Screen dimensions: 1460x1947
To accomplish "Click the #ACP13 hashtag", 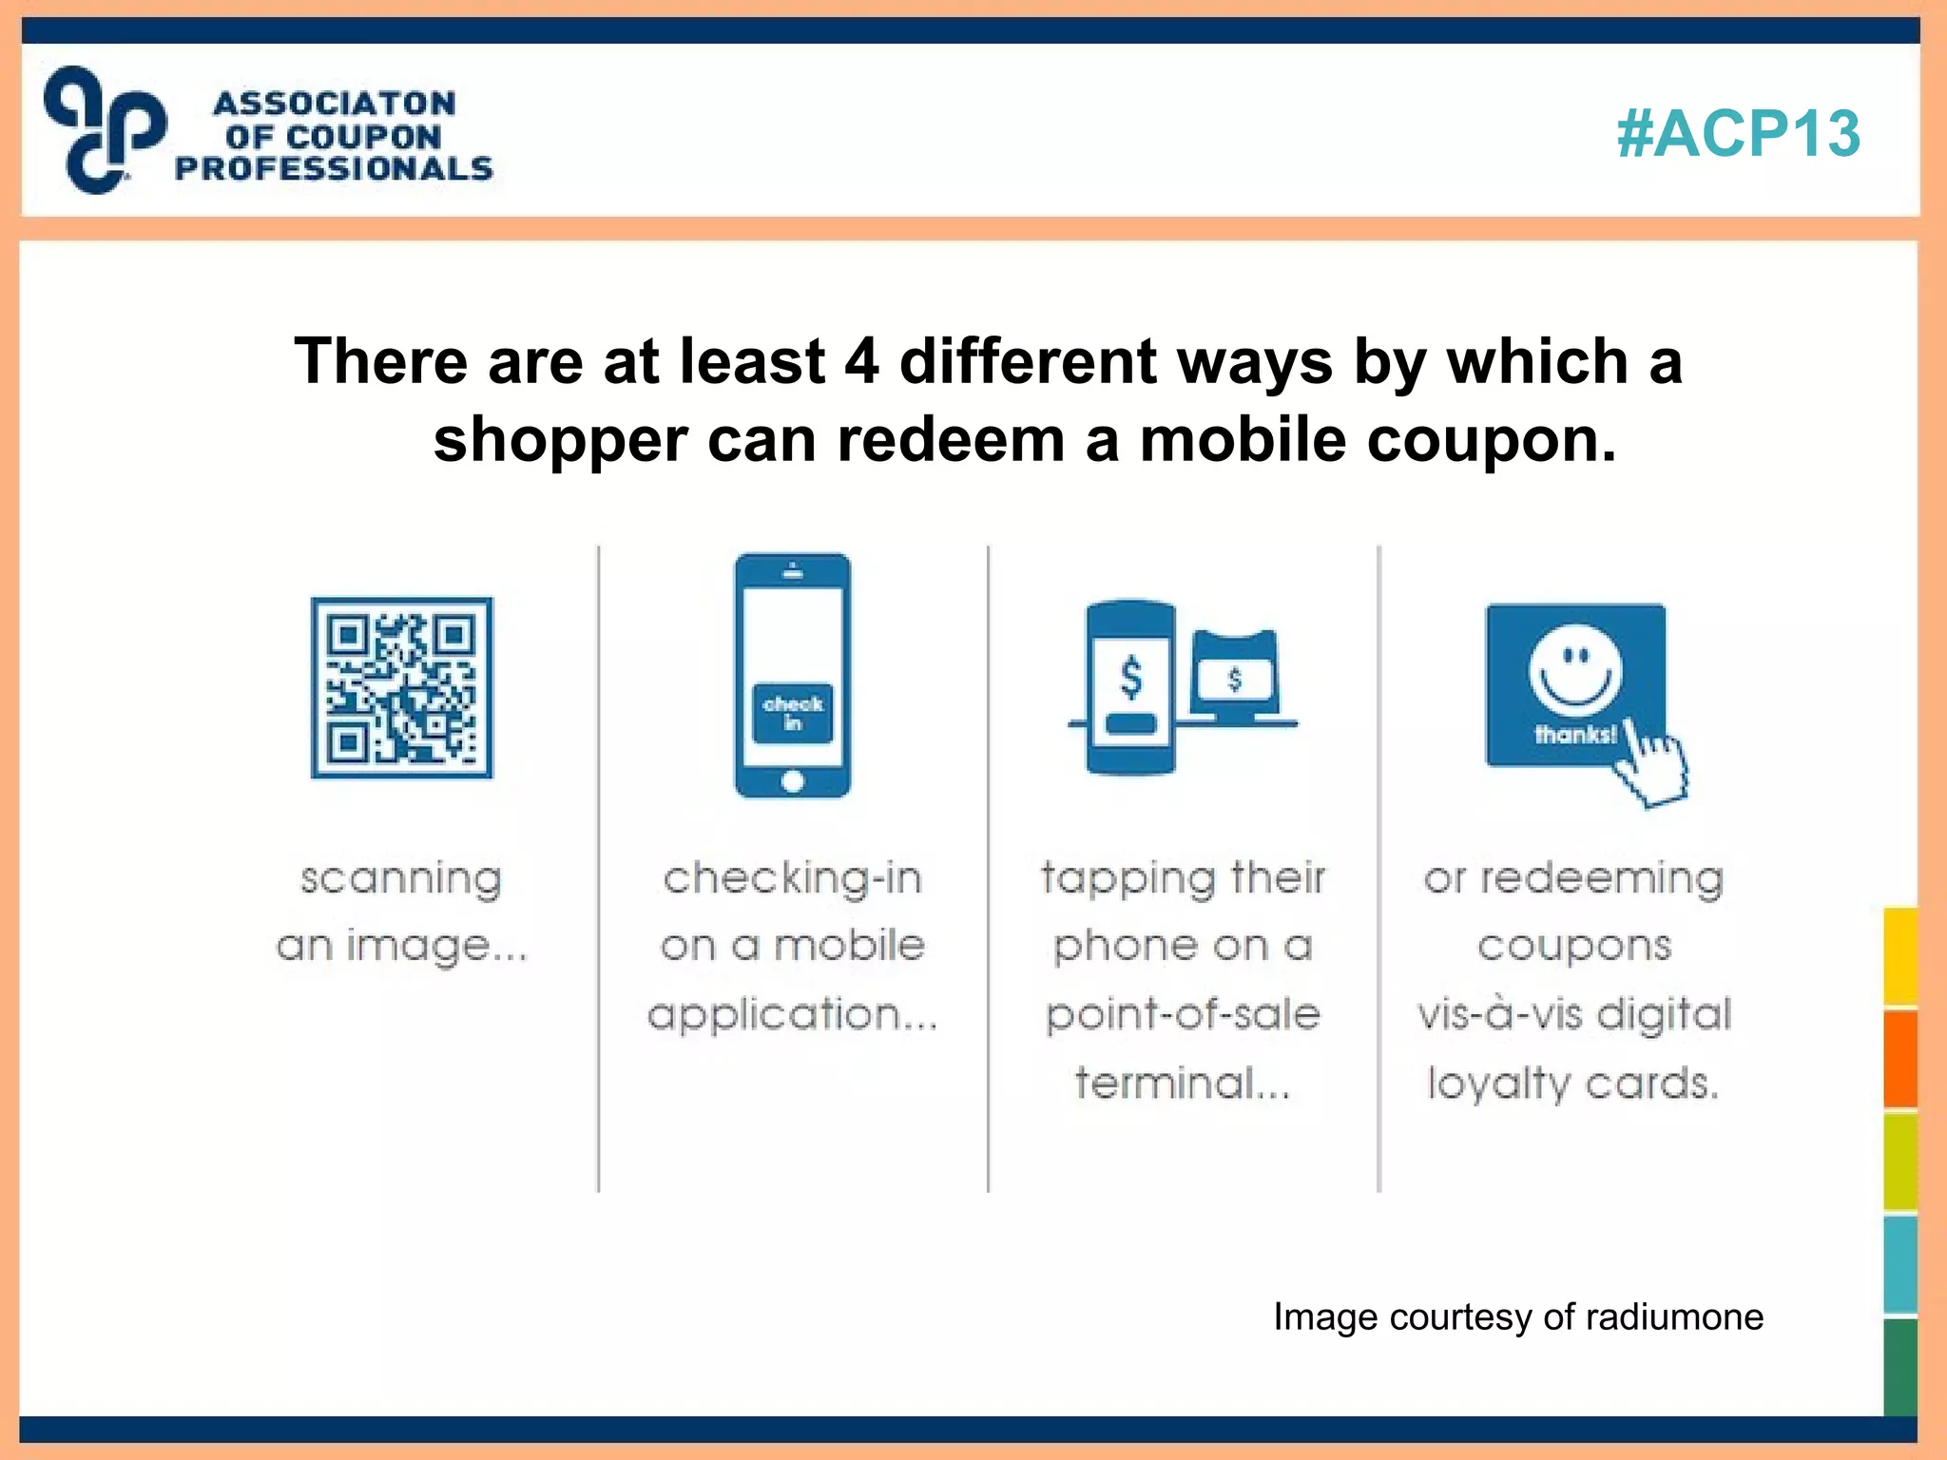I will pos(1738,133).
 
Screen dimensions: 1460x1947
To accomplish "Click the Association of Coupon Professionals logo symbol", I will pos(105,129).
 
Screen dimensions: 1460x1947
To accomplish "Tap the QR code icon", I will pos(402,687).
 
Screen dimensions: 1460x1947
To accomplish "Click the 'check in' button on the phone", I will pos(792,713).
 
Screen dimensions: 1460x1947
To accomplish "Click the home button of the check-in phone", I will pos(792,781).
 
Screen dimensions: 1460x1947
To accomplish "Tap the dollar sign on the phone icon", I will pos(1130,678).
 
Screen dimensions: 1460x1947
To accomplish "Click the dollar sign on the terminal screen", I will pos(1234,679).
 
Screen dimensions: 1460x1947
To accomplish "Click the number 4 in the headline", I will pos(861,362).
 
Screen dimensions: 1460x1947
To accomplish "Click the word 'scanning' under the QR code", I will pos(401,879).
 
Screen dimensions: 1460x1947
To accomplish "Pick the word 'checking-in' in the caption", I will pos(792,879).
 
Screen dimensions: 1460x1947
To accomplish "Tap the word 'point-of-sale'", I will pos(1183,1015).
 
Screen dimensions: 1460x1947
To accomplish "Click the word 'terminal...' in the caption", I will pos(1183,1084).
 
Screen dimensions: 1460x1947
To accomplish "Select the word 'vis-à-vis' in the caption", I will pos(1498,1015).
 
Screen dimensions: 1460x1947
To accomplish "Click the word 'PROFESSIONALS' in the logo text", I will pos(334,169).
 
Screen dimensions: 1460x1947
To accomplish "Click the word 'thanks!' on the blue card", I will pos(1574,735).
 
